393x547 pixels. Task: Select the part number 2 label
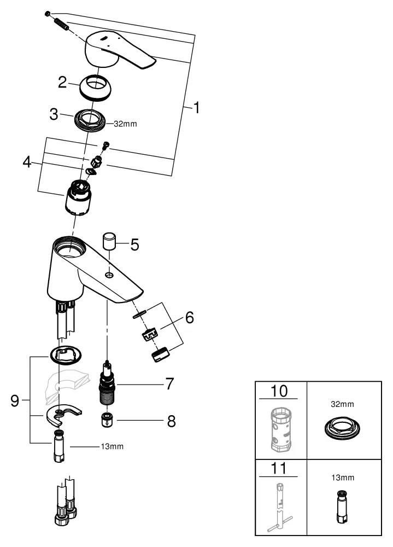point(63,83)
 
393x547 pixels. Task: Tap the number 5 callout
point(134,244)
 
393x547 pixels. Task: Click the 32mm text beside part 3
point(125,124)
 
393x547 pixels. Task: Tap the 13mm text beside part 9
point(113,446)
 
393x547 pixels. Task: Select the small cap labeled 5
point(110,241)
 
